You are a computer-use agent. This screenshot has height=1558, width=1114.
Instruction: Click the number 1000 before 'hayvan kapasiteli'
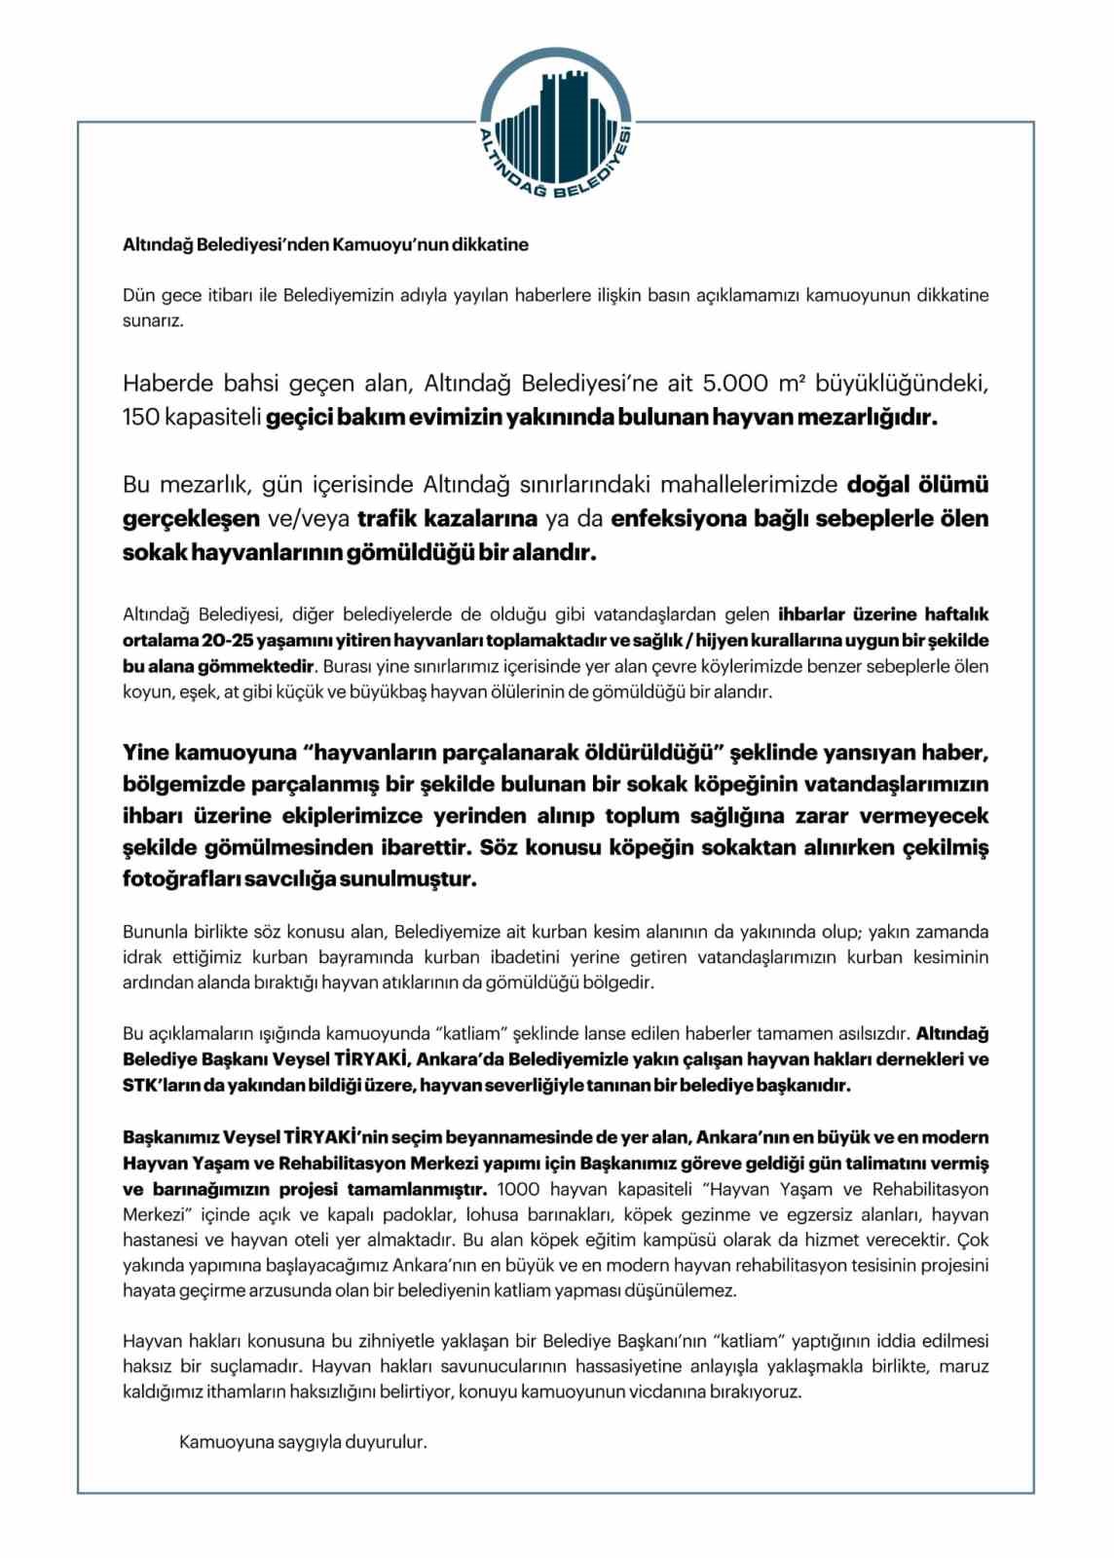click(x=518, y=1189)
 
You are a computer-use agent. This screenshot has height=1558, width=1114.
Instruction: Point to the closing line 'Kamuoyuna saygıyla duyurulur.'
click(x=303, y=1442)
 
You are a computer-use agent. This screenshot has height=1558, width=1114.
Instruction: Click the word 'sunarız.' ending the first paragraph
click(x=153, y=320)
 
